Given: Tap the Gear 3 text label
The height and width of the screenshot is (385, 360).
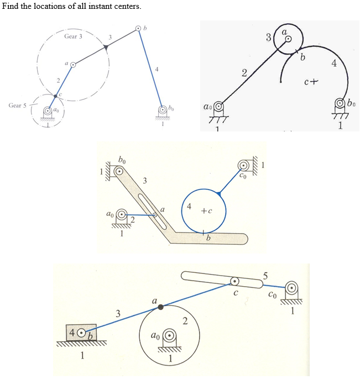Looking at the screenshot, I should coord(73,36).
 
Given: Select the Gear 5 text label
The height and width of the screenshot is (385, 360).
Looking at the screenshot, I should coord(17,105).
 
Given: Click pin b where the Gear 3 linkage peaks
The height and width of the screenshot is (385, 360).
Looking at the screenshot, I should coord(138,28).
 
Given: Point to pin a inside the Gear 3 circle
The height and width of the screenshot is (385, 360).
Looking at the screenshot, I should coord(72,65).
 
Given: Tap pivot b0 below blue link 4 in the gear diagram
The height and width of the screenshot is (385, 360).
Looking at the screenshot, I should coord(161,109).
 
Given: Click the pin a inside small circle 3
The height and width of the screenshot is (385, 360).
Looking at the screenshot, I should coord(288,39).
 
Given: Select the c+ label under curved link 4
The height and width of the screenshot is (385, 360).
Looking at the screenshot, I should coord(310,83).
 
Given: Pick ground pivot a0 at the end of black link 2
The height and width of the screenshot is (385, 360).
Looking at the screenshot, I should coord(220,105).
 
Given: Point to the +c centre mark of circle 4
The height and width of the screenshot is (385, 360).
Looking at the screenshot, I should coord(206,211).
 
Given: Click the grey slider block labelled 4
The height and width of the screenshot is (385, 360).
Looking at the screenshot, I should coord(81,333).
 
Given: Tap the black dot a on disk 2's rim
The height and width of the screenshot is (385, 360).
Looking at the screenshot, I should coord(160,307).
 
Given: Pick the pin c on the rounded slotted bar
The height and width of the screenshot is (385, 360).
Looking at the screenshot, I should coord(235,281).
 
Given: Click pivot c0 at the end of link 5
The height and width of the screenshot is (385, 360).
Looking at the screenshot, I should coord(291,288).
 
